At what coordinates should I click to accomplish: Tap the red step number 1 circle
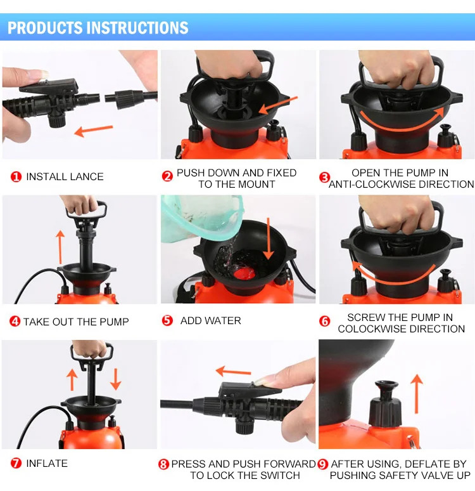coord(16,176)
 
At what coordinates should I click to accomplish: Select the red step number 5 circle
coord(167,320)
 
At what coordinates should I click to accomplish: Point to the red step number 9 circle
coord(323,464)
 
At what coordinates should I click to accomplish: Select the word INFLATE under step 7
coord(47,464)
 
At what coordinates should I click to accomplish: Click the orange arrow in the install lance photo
coord(94,131)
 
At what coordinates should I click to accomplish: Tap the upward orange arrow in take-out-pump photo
coord(60,247)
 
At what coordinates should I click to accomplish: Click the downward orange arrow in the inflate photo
coord(116,379)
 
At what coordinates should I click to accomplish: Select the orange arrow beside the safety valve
coord(417,394)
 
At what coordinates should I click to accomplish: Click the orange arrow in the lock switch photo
coord(233,372)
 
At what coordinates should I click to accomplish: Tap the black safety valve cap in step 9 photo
coord(385,404)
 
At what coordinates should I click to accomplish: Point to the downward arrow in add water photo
coord(268,239)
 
